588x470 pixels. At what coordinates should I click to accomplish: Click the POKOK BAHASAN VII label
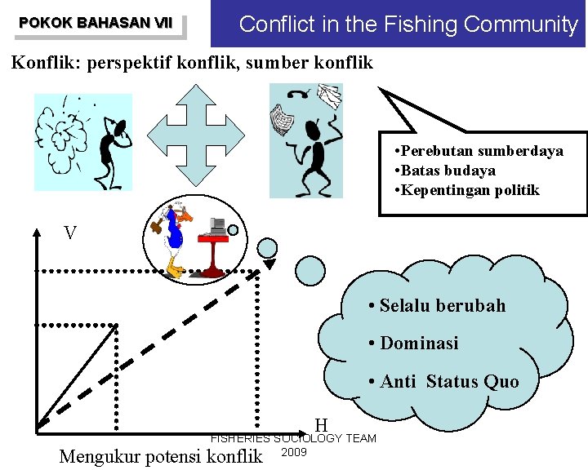pyautogui.click(x=96, y=23)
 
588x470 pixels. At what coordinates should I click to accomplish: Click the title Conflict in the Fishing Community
pyautogui.click(x=408, y=24)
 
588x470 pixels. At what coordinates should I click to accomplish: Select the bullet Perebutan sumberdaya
pyautogui.click(x=478, y=151)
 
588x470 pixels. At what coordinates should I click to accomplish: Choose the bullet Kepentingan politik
pyautogui.click(x=465, y=190)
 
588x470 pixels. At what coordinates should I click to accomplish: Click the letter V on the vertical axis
pyautogui.click(x=71, y=233)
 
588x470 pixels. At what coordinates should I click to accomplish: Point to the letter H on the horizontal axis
pyautogui.click(x=321, y=424)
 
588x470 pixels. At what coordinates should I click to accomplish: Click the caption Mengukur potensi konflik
pyautogui.click(x=161, y=455)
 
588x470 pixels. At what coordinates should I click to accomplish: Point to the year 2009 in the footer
pyautogui.click(x=293, y=452)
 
